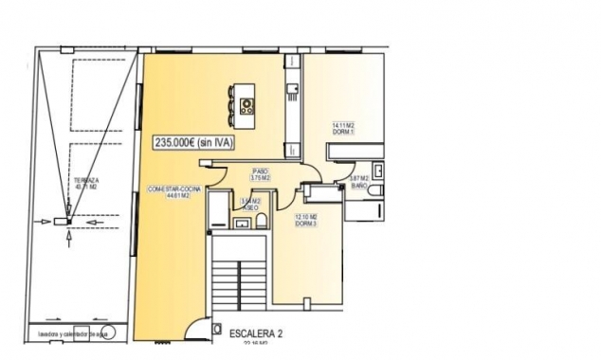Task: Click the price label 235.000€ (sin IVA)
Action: coord(193,141)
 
